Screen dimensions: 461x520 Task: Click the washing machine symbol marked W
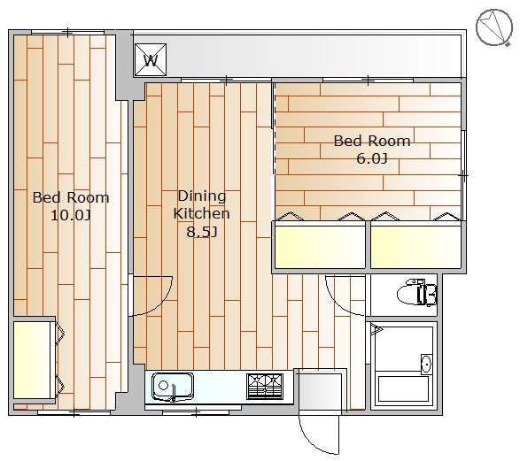click(151, 60)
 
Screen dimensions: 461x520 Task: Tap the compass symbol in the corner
click(494, 27)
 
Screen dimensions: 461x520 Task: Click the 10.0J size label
click(71, 215)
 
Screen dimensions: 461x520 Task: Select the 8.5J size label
click(201, 232)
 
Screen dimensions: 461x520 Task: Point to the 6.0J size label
click(372, 159)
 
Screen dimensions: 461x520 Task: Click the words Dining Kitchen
click(201, 204)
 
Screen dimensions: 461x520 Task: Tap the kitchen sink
click(171, 387)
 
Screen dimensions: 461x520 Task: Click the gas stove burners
click(264, 386)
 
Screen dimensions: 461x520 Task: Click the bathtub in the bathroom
click(404, 388)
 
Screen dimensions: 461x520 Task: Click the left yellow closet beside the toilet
click(320, 246)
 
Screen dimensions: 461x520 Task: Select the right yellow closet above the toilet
click(416, 246)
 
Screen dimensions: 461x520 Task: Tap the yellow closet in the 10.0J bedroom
click(33, 360)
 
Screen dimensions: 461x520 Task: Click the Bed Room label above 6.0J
click(372, 141)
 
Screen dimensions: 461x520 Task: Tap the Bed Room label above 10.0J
click(71, 197)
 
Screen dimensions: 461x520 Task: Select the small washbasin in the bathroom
click(425, 364)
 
